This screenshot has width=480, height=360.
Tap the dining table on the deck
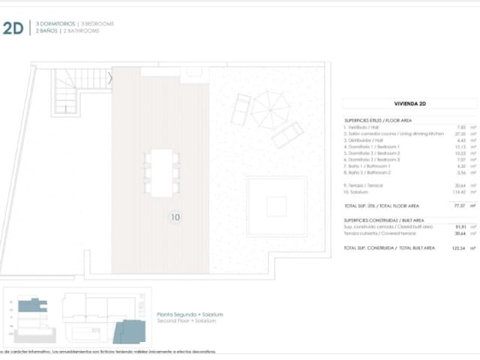[161, 172]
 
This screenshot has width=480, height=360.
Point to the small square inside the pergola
[277, 206]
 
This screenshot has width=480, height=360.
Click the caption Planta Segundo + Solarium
[190, 314]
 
